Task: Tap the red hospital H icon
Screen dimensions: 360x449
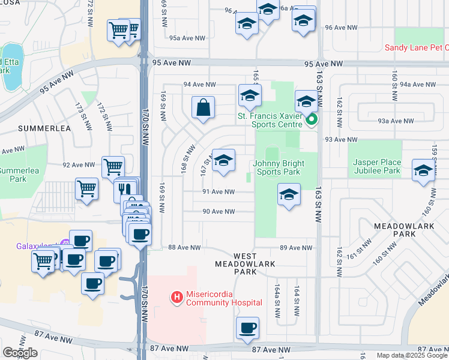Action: point(177,296)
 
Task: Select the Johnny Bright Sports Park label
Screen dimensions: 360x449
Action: point(276,167)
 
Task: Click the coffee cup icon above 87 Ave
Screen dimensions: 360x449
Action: point(247,328)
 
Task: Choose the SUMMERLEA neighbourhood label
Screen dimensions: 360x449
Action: point(44,128)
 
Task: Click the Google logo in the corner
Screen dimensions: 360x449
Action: point(20,353)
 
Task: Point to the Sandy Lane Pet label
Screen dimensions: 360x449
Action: point(416,47)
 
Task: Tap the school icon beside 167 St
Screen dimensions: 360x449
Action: point(224,160)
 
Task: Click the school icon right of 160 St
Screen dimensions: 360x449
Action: point(423,170)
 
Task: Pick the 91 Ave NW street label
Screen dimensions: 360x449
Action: point(218,192)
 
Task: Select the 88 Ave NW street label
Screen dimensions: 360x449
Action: point(184,247)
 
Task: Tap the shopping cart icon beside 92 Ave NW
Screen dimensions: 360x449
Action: point(113,167)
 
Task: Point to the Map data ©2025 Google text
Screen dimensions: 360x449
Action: point(412,355)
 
